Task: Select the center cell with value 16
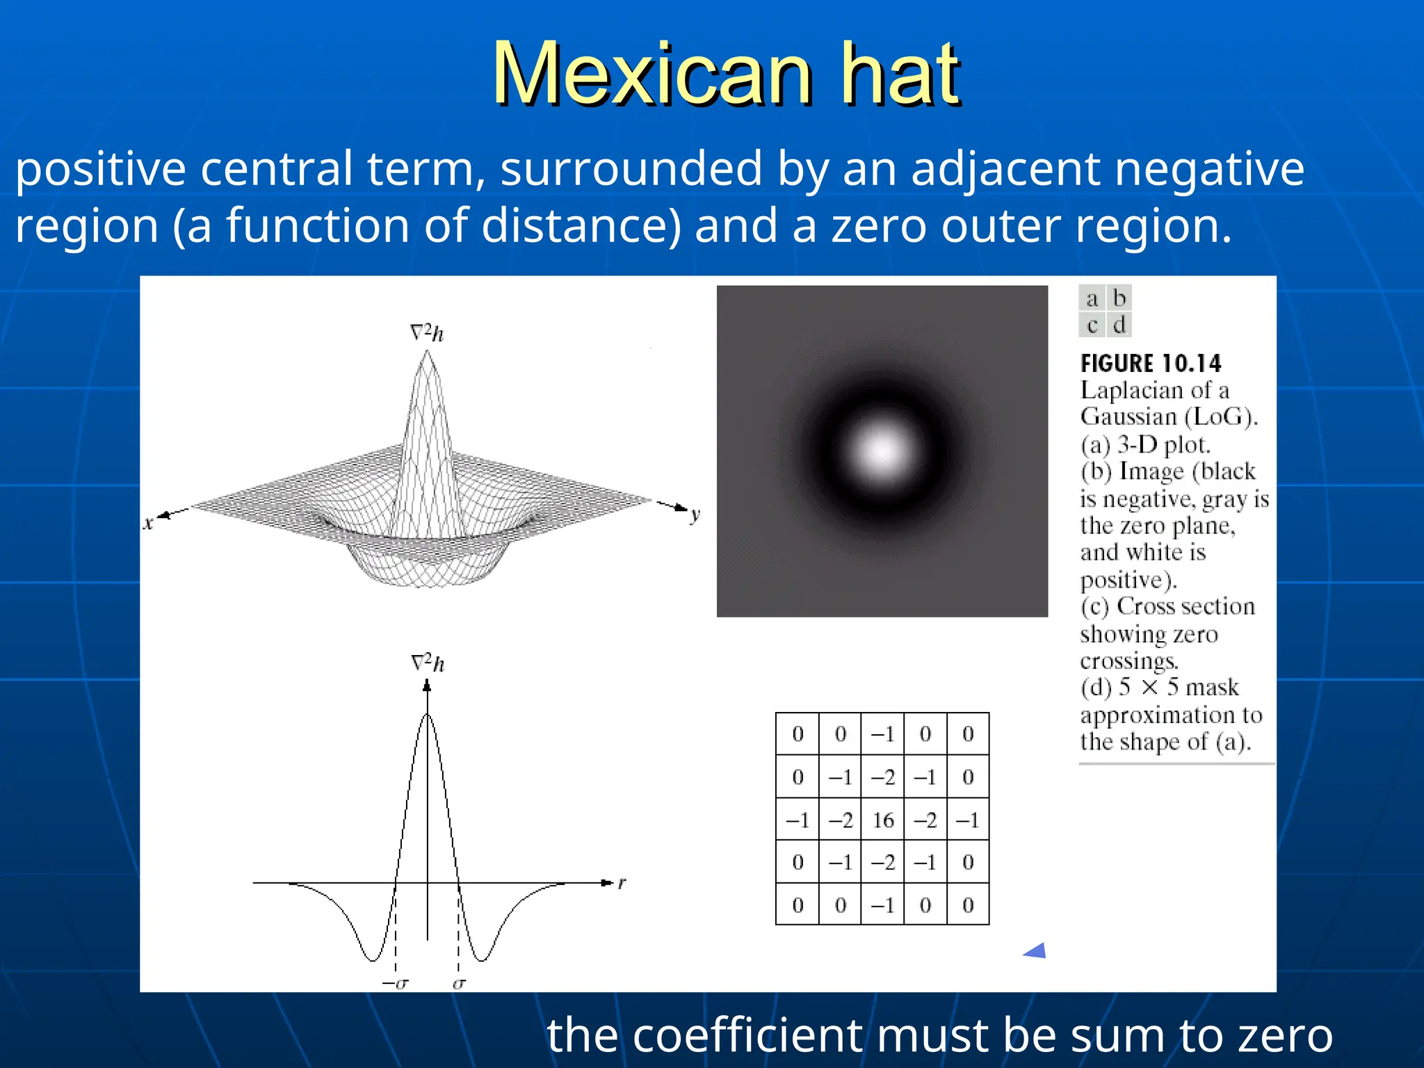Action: click(x=882, y=820)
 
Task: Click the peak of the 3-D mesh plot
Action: click(x=426, y=353)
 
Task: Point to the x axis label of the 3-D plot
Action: click(x=147, y=524)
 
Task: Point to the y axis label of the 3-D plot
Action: click(x=695, y=515)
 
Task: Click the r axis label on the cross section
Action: click(x=622, y=883)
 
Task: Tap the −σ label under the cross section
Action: click(x=396, y=983)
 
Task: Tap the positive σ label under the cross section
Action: click(x=459, y=983)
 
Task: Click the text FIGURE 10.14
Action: click(x=1150, y=363)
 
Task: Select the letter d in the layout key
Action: click(x=1119, y=325)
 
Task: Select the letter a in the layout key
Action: click(x=1092, y=298)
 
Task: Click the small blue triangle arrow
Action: click(x=1036, y=951)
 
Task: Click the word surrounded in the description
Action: click(x=631, y=169)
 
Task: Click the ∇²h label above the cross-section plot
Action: click(x=428, y=663)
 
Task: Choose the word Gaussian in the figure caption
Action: click(x=1128, y=417)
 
